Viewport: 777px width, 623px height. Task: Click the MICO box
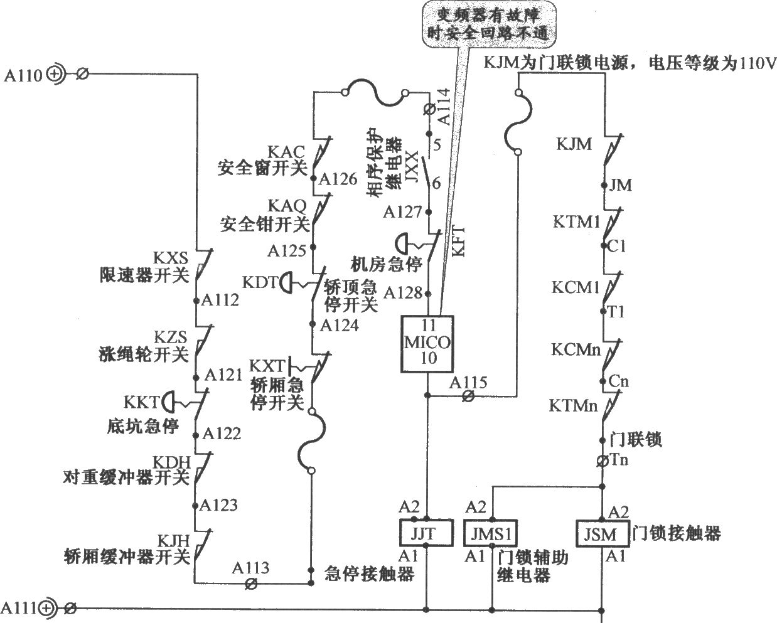coord(427,344)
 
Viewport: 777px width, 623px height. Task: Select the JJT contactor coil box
coord(426,533)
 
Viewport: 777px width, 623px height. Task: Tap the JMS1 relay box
coord(490,533)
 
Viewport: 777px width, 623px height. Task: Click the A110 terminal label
coord(23,76)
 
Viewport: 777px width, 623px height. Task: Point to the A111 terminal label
coord(19,608)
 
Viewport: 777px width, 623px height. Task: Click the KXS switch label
coord(171,258)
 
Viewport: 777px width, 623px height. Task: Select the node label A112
coord(220,300)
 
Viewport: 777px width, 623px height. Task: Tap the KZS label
coord(171,337)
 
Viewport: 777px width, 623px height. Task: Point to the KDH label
coord(171,462)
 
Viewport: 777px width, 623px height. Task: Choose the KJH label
coord(173,541)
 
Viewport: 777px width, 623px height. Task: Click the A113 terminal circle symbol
coord(251,583)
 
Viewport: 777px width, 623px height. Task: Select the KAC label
coord(286,152)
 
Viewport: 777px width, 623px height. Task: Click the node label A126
coord(338,179)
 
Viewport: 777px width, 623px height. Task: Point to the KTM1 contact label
coord(576,221)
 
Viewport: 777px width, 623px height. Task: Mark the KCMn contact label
coord(576,349)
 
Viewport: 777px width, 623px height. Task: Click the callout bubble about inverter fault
coord(490,24)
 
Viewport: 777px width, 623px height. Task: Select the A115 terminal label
coord(468,382)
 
